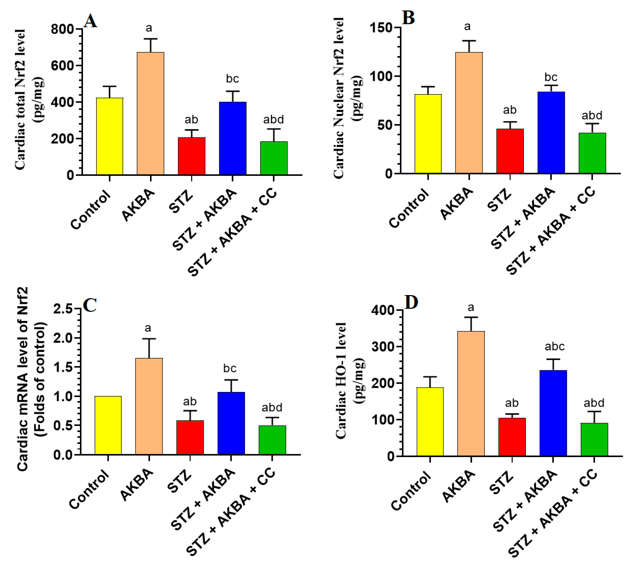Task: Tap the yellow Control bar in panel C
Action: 108,425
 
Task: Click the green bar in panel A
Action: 274,158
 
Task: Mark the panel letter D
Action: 411,302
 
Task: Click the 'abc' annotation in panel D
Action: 554,346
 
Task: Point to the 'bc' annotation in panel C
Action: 230,368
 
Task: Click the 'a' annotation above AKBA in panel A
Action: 149,28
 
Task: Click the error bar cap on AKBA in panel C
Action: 149,339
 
